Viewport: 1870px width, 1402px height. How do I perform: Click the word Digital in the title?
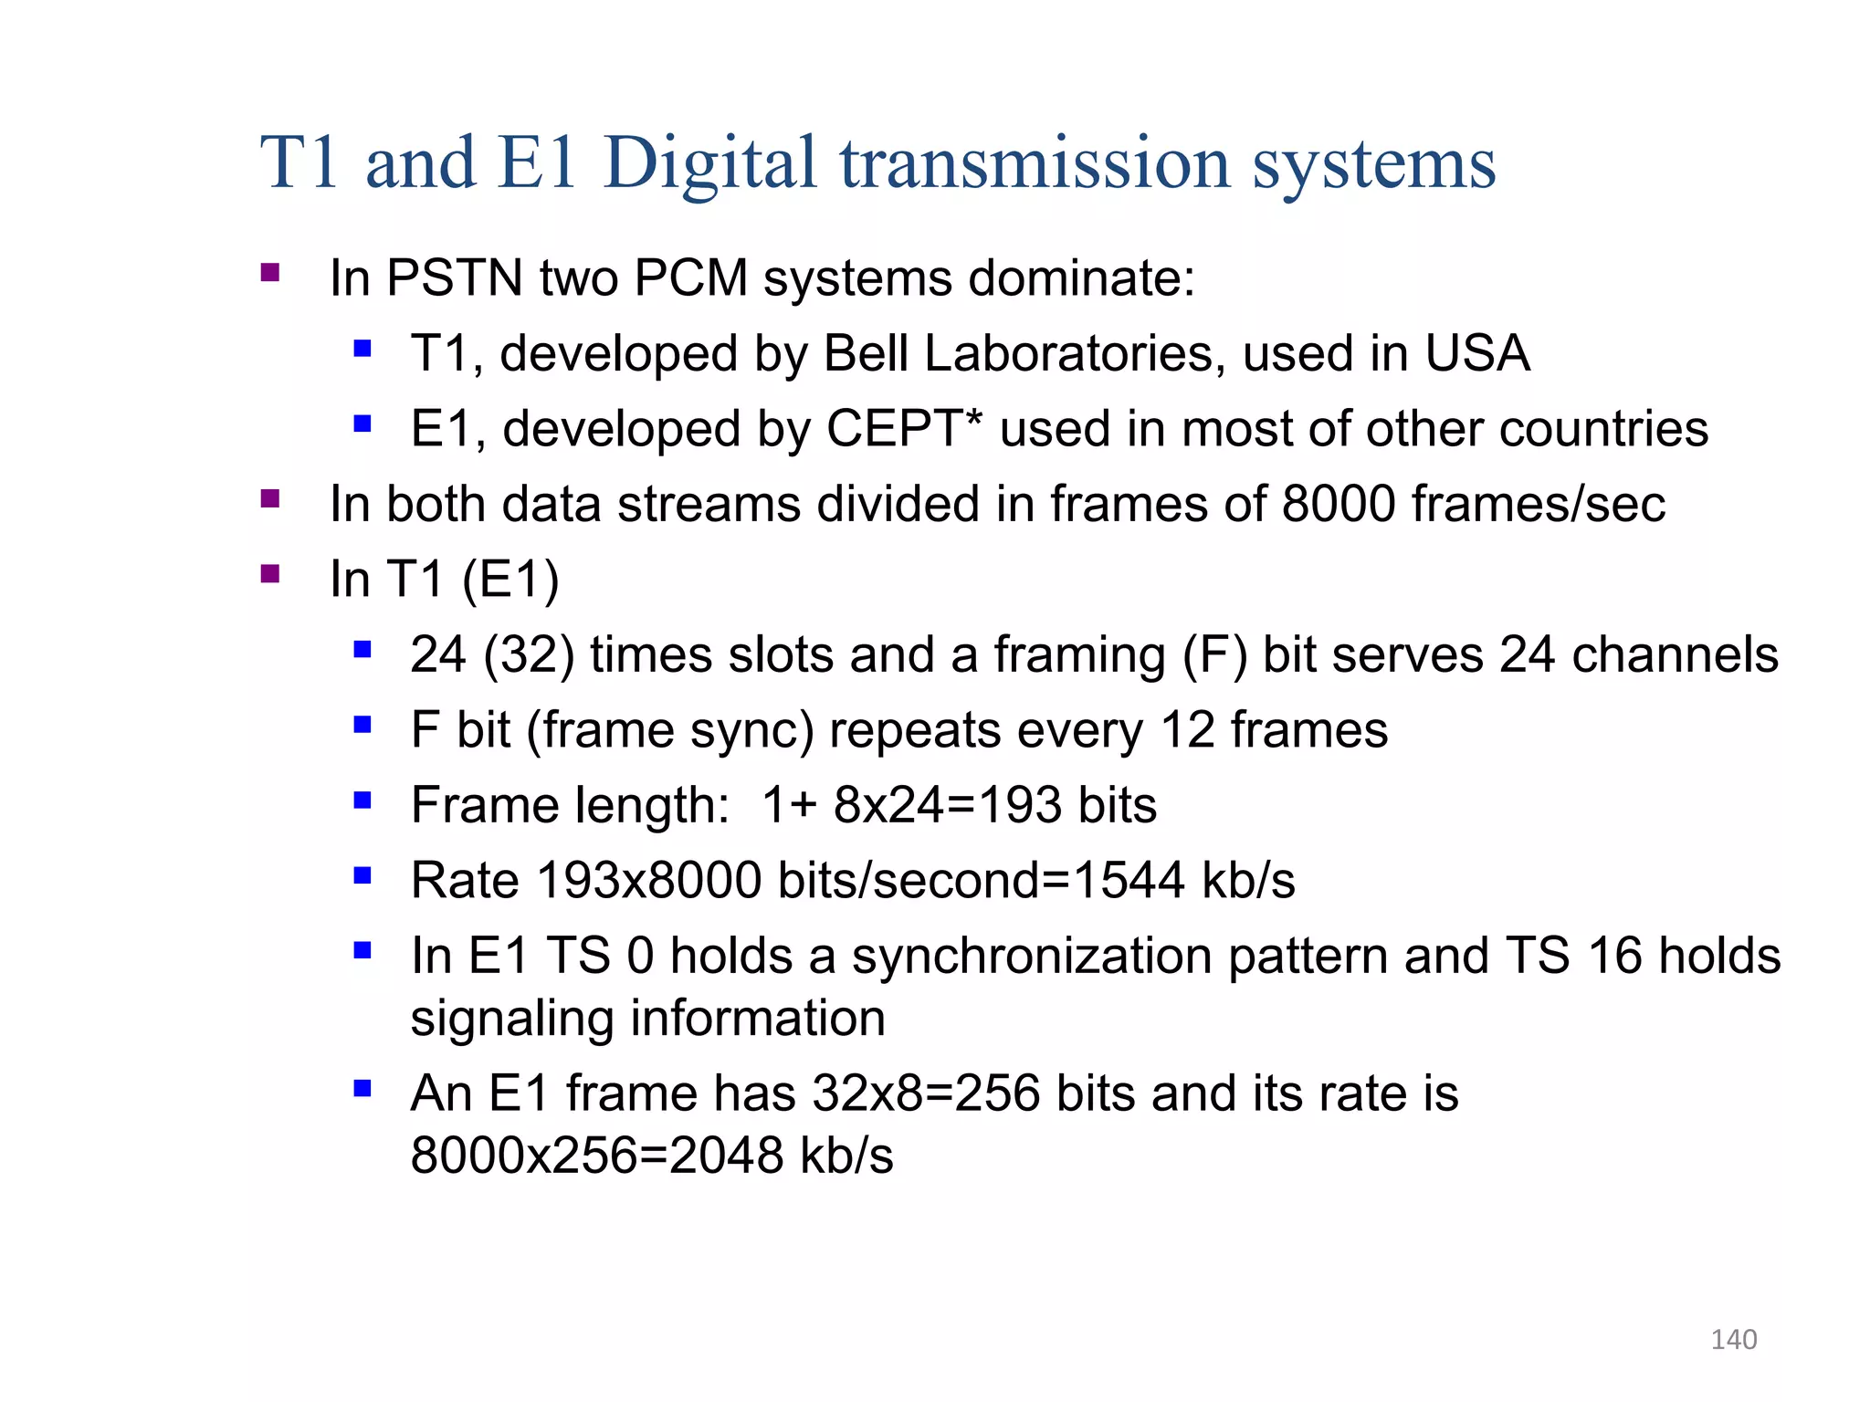[709, 164]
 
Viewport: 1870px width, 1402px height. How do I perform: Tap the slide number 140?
[1733, 1339]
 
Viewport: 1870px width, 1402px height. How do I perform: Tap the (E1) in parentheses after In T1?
[510, 580]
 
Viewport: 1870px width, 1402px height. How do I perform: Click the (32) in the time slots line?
[529, 654]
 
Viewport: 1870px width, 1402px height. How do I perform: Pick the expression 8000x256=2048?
[597, 1156]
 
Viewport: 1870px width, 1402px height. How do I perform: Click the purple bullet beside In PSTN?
[269, 272]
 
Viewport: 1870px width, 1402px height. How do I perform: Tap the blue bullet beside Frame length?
[362, 800]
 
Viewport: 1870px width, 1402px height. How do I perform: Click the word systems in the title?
[1373, 164]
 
